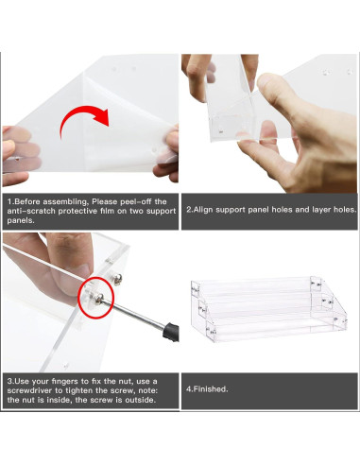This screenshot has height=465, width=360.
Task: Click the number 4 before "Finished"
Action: (189, 388)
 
